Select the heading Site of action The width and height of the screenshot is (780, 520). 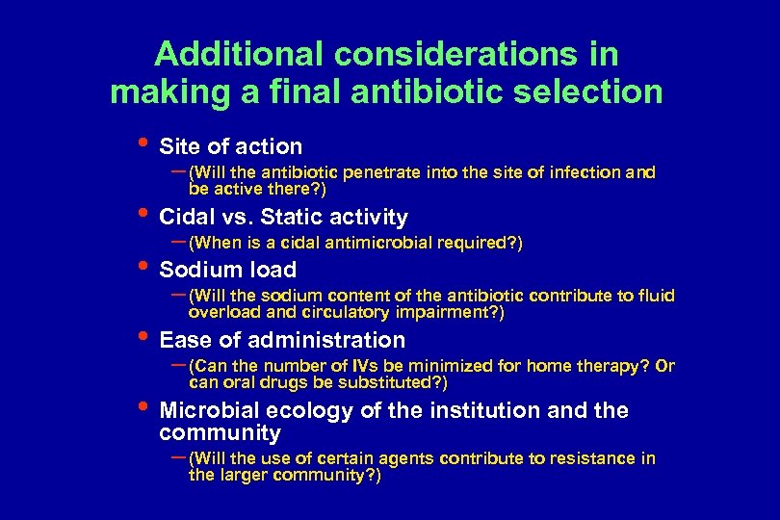[x=230, y=146]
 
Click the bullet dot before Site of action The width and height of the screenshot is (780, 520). [x=142, y=143]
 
